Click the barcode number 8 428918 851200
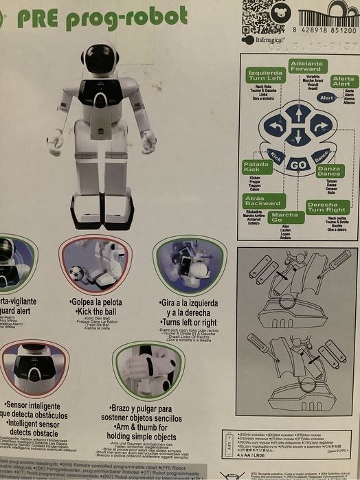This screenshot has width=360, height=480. pyautogui.click(x=324, y=31)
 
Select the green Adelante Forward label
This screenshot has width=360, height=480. pyautogui.click(x=306, y=66)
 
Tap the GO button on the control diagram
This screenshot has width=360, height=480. pyautogui.click(x=297, y=165)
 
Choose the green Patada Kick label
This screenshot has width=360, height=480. pyautogui.click(x=258, y=166)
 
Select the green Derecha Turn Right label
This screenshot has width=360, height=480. pyautogui.click(x=327, y=207)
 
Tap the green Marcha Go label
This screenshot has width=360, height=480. pyautogui.click(x=285, y=218)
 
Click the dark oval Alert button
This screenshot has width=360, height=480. pyautogui.click(x=327, y=98)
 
